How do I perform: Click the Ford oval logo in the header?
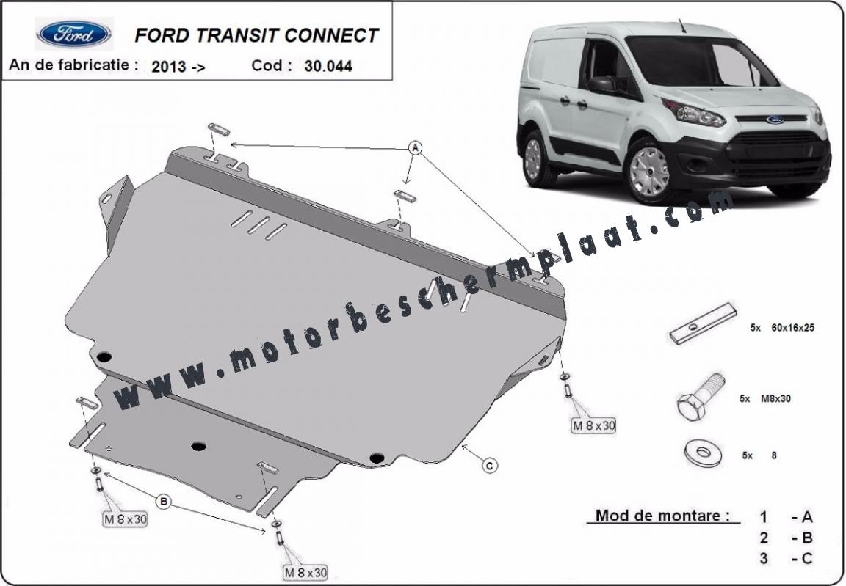[74, 34]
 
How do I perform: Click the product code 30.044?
[328, 66]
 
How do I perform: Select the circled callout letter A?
[414, 147]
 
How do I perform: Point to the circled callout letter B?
[163, 502]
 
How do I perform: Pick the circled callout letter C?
[489, 465]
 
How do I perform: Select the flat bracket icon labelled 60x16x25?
[703, 323]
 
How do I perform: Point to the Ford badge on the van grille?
[775, 120]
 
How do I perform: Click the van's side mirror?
[603, 84]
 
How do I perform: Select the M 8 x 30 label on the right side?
[593, 425]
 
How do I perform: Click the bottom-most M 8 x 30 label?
[305, 572]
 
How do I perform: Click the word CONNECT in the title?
[331, 35]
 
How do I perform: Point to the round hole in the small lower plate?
[198, 446]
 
